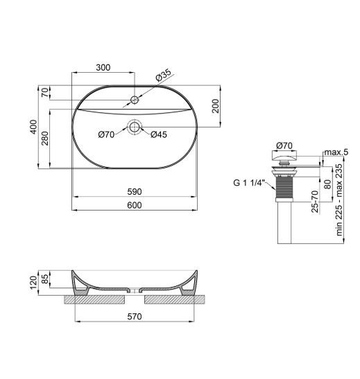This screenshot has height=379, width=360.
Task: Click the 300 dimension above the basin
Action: tap(103, 67)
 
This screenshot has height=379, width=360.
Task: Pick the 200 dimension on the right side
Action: tap(216, 106)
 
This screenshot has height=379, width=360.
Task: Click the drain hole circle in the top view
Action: tap(135, 127)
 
